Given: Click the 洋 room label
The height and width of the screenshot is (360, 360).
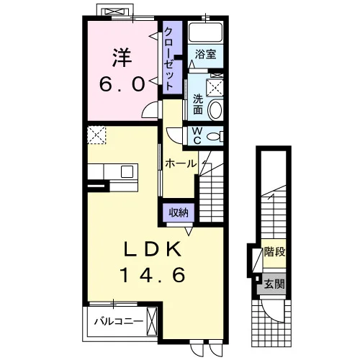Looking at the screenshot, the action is pos(122,58).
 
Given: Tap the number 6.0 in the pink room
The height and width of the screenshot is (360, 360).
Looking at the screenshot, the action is pos(122,84).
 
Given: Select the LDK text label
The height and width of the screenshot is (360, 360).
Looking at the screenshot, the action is pos(152,249).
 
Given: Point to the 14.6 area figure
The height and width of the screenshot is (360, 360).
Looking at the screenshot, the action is pos(152,275).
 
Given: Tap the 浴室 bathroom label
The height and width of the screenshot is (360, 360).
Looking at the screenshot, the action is pos(205,54).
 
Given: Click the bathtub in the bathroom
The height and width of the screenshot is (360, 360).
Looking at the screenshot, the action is pos(205,32).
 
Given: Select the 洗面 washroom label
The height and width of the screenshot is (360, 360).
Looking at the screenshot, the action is pos(198,104).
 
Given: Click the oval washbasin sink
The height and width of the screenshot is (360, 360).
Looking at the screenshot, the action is pos(215,110).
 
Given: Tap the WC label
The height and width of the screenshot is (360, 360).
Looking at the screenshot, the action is pos(197,135).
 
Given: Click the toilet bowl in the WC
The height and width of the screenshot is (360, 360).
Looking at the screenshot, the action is pos(215,137).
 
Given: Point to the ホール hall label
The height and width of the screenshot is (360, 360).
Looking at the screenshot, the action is pos(181,164).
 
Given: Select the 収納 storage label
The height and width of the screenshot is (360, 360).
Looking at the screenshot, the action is pos(179,212).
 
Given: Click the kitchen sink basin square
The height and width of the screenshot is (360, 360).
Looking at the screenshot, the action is pos(127,171).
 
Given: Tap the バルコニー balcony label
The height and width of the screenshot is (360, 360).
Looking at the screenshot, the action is pos(119,321).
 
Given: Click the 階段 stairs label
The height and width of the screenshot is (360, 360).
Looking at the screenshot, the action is pos(274,252).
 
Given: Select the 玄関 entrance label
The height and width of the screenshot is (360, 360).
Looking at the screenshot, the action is pos(274,284).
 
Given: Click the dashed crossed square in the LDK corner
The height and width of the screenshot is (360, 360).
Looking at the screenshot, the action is pos(96,135).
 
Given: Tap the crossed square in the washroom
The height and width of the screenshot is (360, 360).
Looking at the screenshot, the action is pos(215,88).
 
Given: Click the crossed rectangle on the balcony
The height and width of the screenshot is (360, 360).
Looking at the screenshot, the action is pos(152,321).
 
